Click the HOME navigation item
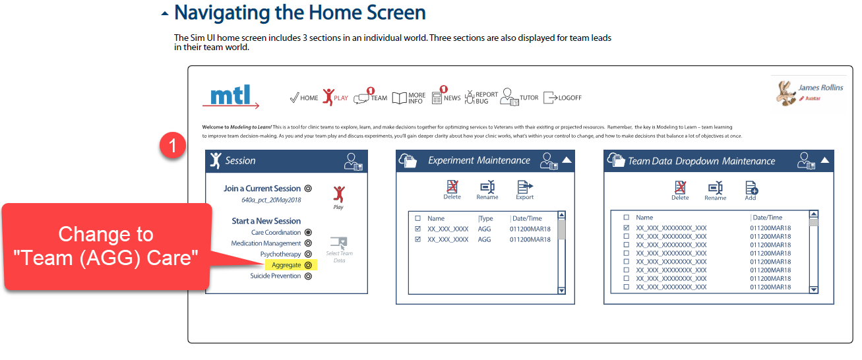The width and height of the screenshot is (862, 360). pyautogui.click(x=303, y=98)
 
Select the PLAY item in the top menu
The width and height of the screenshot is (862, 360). pyautogui.click(x=335, y=98)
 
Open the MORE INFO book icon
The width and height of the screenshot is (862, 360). pyautogui.click(x=400, y=98)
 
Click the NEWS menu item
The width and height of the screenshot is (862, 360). pyautogui.click(x=446, y=98)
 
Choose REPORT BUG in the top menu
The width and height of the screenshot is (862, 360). pyautogui.click(x=481, y=98)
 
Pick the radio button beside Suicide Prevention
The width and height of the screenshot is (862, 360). pyautogui.click(x=308, y=276)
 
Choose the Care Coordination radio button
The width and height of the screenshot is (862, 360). pyautogui.click(x=308, y=233)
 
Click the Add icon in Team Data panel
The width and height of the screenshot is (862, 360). pyautogui.click(x=751, y=189)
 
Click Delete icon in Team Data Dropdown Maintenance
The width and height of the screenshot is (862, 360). pyautogui.click(x=680, y=189)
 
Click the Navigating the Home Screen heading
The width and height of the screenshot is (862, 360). pyautogui.click(x=299, y=13)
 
